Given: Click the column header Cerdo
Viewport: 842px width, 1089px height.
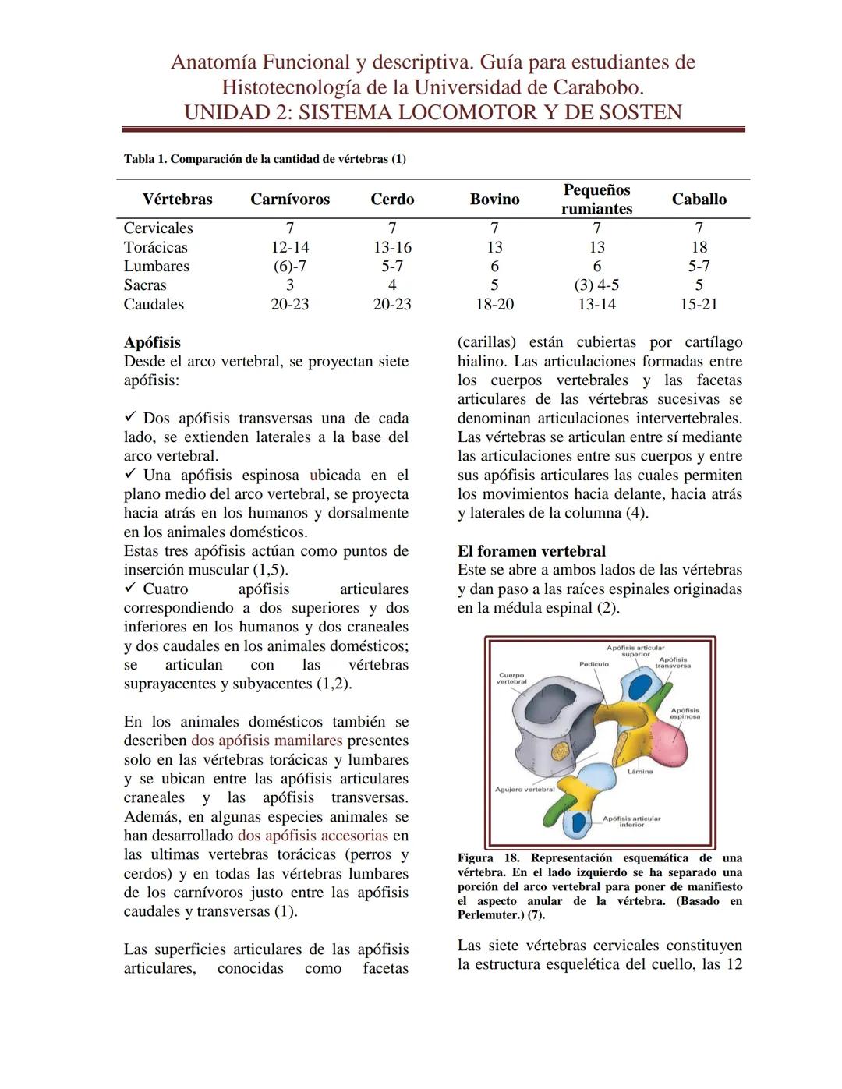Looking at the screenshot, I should point(391,200).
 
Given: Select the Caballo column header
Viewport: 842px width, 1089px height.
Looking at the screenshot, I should point(699,200).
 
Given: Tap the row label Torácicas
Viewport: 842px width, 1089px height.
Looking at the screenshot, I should point(155,247).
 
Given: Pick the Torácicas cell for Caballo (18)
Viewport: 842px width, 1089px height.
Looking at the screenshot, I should point(699,247).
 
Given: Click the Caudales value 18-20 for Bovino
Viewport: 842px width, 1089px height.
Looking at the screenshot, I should point(494,304).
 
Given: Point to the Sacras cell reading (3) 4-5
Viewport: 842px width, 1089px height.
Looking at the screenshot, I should point(596,285).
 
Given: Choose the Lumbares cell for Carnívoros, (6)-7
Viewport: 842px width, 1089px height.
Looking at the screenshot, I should point(289,266).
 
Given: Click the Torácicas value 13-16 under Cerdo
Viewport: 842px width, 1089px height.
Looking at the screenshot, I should point(391,247).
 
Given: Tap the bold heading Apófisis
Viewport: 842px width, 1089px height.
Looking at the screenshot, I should point(152,342).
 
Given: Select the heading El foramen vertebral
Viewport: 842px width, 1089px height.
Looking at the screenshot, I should point(531,551).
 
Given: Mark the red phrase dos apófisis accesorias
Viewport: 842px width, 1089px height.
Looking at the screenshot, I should point(313,836).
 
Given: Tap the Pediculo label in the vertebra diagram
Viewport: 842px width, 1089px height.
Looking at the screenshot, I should point(593,664).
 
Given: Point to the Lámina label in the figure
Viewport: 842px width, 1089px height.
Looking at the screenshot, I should point(639,771).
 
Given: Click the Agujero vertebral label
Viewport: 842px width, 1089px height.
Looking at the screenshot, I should point(525,789).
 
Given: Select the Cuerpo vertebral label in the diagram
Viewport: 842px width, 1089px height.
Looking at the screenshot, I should point(511,678).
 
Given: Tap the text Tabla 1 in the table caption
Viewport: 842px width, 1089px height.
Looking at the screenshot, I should point(145,159).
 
